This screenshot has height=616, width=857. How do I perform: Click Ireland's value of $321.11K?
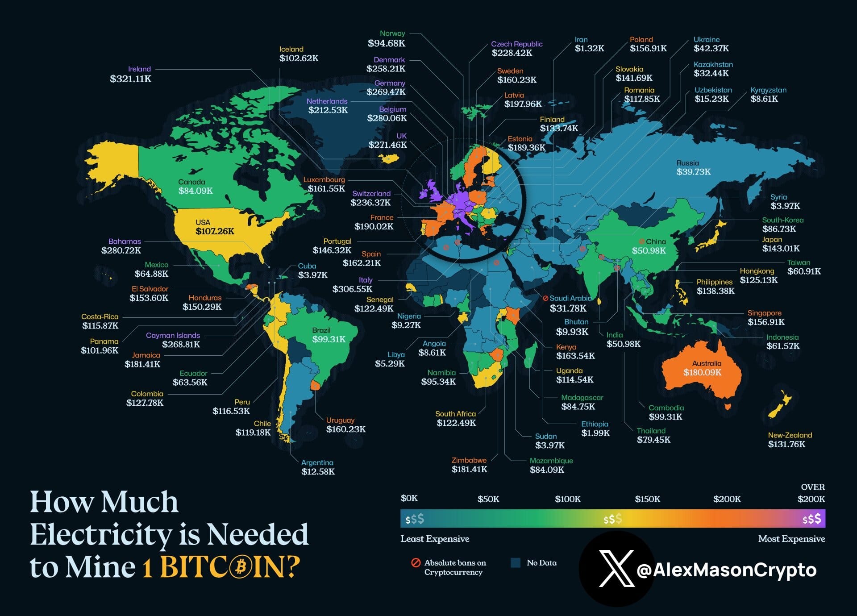(130, 79)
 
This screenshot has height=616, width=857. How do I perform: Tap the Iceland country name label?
(291, 49)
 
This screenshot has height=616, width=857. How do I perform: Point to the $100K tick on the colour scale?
(568, 499)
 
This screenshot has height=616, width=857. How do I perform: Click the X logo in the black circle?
(616, 569)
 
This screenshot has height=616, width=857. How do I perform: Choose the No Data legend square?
(516, 562)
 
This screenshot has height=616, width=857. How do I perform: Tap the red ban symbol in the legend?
(416, 562)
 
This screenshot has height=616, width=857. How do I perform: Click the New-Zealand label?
(790, 435)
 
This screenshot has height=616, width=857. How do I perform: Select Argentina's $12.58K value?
(318, 471)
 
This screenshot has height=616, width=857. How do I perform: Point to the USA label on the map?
(203, 222)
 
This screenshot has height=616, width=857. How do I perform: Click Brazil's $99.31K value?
(329, 339)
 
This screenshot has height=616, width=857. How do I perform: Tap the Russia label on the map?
(687, 163)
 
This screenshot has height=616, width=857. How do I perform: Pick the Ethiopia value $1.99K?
(595, 433)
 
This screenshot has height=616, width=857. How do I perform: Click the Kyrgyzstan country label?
(768, 90)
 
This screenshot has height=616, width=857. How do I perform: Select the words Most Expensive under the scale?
(791, 539)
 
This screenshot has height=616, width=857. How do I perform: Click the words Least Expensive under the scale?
(435, 539)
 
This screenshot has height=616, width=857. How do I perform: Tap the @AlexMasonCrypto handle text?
(726, 570)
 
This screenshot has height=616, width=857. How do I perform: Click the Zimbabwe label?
(469, 460)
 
